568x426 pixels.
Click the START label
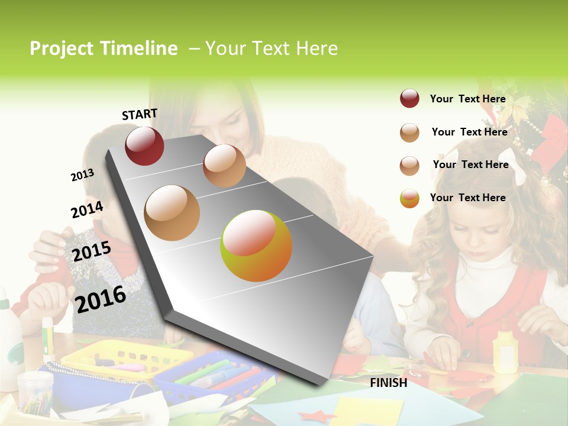140,114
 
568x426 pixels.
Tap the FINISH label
388,383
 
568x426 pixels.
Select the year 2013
82,175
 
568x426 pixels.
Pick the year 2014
87,209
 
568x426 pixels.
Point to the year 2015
91,251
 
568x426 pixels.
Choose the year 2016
101,299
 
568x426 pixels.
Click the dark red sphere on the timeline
144,146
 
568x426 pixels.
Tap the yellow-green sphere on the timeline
256,246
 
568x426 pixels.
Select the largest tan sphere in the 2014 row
172,213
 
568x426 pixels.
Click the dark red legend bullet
409,99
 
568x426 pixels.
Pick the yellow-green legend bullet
409,198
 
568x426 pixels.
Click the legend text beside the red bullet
467,99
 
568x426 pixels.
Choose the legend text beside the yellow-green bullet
467,198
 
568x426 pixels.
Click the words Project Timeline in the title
104,49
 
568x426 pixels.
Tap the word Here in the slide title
317,49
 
